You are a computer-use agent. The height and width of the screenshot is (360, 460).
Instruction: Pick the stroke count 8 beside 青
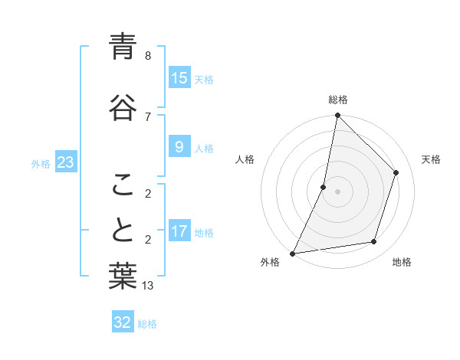pyautogui.click(x=148, y=56)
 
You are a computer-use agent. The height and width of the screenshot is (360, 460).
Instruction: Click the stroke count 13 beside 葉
pyautogui.click(x=149, y=286)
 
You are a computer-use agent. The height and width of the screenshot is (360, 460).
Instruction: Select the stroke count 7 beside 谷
pyautogui.click(x=148, y=116)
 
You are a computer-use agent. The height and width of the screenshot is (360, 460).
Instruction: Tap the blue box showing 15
pyautogui.click(x=179, y=78)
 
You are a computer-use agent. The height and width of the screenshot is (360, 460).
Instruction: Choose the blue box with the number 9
pyautogui.click(x=179, y=147)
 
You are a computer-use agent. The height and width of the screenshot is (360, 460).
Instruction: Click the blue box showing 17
pyautogui.click(x=179, y=231)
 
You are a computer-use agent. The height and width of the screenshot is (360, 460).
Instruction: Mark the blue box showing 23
pyautogui.click(x=65, y=162)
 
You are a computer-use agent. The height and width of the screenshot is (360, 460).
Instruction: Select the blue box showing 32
pyautogui.click(x=123, y=322)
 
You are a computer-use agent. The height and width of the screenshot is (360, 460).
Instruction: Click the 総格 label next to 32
pyautogui.click(x=147, y=324)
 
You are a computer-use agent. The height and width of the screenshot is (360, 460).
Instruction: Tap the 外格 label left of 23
pyautogui.click(x=41, y=163)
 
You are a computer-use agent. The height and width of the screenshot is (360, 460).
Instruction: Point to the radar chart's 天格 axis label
pyautogui.click(x=431, y=159)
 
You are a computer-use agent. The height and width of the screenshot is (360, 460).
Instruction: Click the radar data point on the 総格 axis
pyautogui.click(x=337, y=116)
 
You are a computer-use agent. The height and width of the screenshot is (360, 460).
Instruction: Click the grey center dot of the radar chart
pyautogui.click(x=337, y=191)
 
